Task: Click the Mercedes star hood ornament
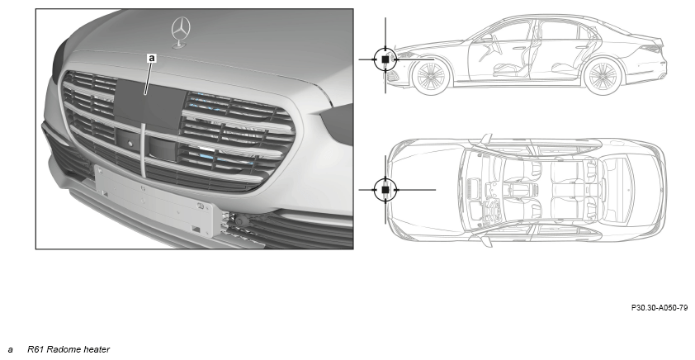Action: (181, 31)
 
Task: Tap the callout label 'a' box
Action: (152, 58)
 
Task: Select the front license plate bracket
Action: (158, 201)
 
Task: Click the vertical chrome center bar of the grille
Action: (143, 150)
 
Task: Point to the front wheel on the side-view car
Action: (430, 77)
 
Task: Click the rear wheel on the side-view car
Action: (603, 76)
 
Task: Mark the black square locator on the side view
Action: (385, 59)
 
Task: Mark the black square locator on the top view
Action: (385, 190)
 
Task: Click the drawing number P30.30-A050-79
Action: (660, 308)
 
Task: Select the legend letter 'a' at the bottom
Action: (10, 350)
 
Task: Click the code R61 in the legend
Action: (35, 349)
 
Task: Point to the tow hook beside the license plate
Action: (242, 220)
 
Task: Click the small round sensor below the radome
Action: (130, 144)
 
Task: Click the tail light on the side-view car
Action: (650, 49)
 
